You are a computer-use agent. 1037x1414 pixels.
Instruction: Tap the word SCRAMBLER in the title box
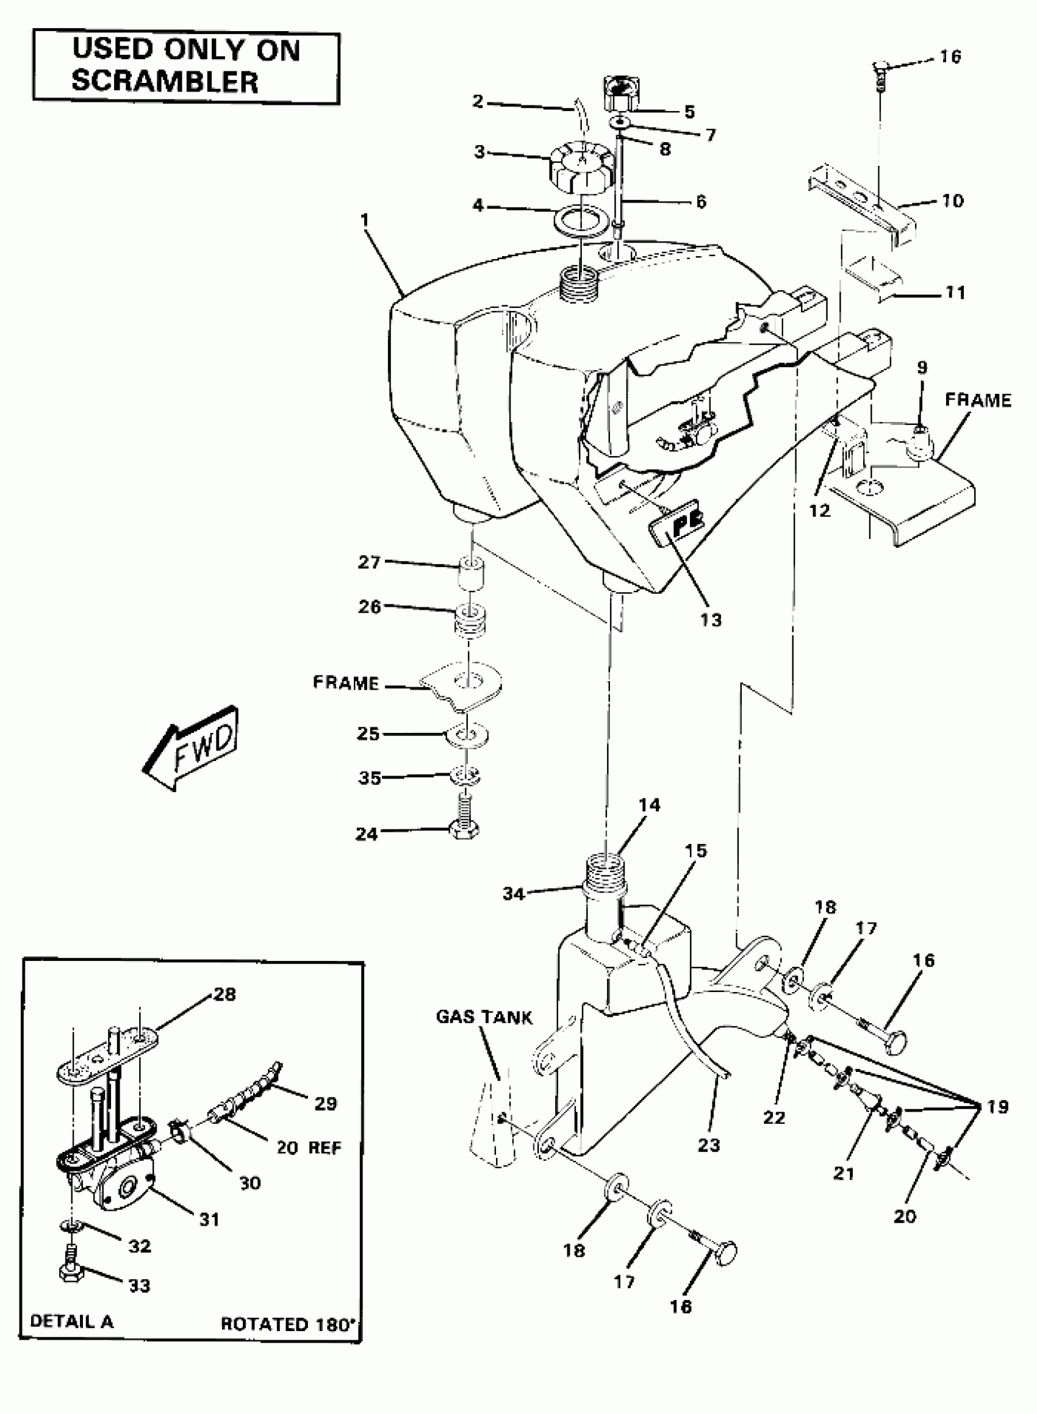(x=165, y=82)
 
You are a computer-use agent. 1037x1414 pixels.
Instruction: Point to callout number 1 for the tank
(x=365, y=220)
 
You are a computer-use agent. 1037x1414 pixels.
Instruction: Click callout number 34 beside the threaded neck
(x=514, y=893)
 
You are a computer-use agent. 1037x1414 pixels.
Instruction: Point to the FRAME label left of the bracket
(x=346, y=682)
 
